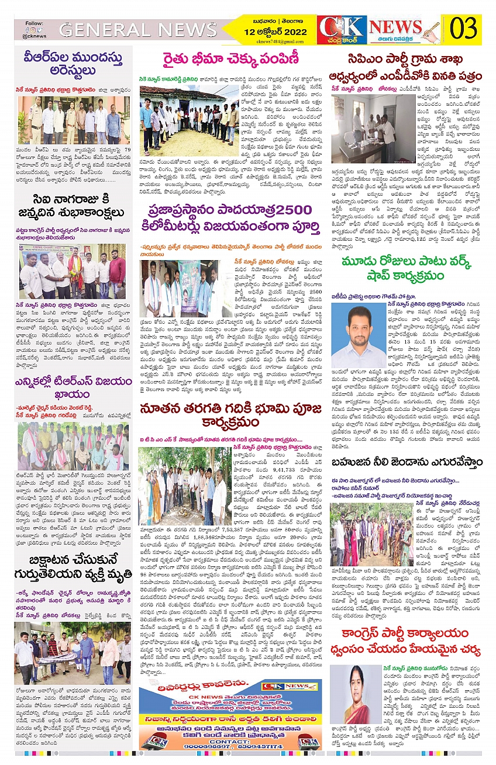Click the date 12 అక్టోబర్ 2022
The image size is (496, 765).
(x=274, y=32)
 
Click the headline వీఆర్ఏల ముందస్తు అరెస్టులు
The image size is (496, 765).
(x=74, y=66)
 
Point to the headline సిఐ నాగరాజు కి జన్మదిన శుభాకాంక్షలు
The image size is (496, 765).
(x=74, y=214)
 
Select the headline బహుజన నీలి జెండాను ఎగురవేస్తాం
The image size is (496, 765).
(x=405, y=462)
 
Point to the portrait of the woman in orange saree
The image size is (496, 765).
(x=355, y=694)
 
